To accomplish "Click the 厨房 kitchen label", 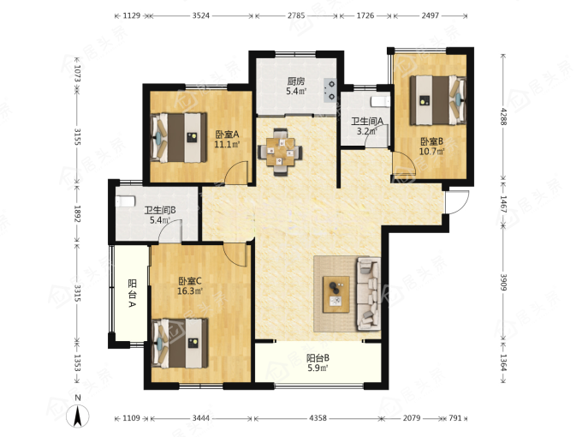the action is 296,81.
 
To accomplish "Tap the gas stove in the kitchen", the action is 330,90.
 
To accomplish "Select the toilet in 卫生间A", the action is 381,101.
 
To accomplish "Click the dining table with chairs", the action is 280,152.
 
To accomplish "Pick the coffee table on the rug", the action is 336,294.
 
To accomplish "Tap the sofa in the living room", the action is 369,294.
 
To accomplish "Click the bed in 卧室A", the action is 179,137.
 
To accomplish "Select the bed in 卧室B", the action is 438,100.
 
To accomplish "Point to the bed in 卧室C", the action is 181,343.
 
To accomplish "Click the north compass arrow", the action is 78,416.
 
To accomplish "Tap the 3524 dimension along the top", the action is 201,15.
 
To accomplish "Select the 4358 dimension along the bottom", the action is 318,418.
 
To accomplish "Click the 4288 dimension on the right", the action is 503,117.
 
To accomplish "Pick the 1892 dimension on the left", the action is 77,213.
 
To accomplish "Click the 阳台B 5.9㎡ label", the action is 318,363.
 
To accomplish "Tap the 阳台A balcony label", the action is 132,294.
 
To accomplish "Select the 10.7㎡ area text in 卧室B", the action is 432,152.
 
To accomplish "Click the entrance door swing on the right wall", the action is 457,201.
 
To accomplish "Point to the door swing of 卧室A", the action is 237,173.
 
